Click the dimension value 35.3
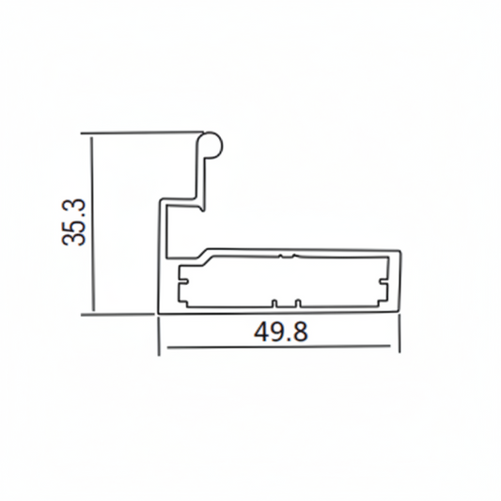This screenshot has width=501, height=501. coord(74,222)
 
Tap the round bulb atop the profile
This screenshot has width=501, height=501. coord(212,144)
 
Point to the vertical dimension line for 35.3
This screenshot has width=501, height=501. coord(92,222)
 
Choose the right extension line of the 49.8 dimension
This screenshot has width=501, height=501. coord(403,335)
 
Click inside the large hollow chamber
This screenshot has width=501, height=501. coord(282,280)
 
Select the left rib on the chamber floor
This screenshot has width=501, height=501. coord(274,303)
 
